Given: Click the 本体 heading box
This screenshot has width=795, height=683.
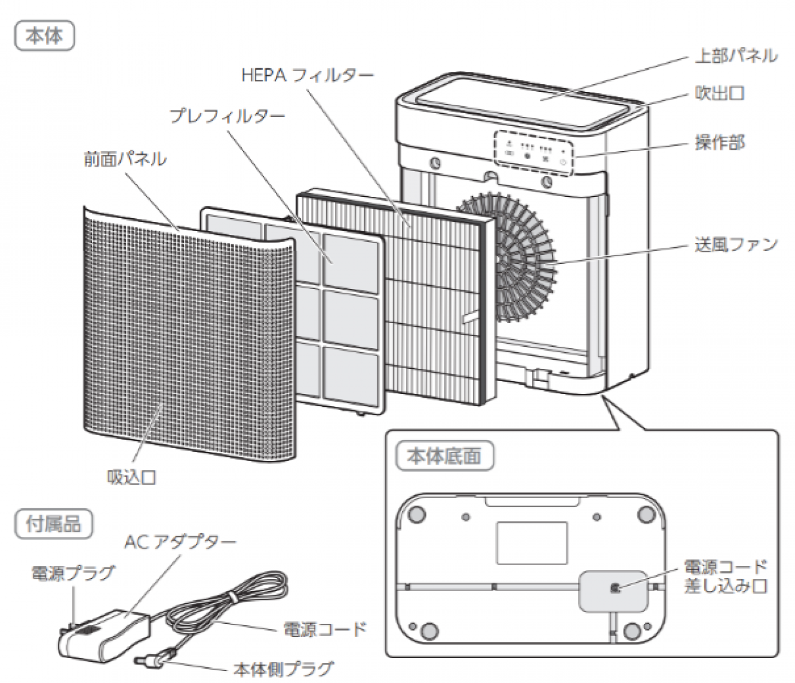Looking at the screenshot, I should tap(44, 36).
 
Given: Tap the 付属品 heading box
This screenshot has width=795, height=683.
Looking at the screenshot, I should tap(53, 524).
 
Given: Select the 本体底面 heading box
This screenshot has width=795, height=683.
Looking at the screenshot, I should tap(444, 456).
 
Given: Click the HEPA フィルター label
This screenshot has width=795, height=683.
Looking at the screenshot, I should tap(307, 76).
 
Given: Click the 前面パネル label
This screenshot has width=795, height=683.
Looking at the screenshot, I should tap(126, 159).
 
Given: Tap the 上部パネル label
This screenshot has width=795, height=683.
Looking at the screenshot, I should tap(735, 56).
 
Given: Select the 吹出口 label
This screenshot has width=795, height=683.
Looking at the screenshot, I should tap(719, 94).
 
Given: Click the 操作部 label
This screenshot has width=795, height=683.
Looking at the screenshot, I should tap(719, 143).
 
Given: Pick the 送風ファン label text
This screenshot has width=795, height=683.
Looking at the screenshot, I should tap(735, 244).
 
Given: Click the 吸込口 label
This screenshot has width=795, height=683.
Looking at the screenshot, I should tap(131, 477).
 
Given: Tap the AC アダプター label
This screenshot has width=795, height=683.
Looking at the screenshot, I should tap(180, 542).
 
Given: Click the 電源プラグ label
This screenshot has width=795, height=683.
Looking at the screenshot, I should tap(73, 572).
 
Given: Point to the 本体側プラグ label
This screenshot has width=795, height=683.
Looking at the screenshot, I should tap(283, 669).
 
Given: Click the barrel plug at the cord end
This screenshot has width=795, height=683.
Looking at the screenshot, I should tap(152, 659).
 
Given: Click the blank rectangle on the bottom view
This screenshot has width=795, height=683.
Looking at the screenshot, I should tap(531, 543).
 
